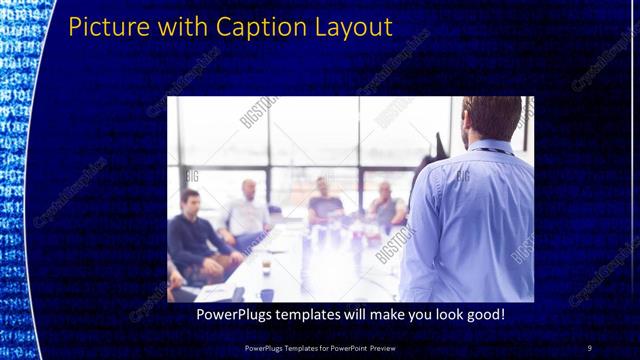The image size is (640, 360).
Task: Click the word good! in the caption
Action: pyautogui.click(x=484, y=315)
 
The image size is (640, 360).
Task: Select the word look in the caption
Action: pyautogui.click(x=441, y=315)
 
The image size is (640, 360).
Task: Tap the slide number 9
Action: pyautogui.click(x=589, y=347)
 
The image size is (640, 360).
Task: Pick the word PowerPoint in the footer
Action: pyautogui.click(x=343, y=347)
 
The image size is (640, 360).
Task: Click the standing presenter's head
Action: pyautogui.click(x=493, y=117)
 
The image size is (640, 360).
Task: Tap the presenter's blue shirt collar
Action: pyautogui.click(x=490, y=147)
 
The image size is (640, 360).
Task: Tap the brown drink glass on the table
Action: pyautogui.click(x=266, y=266)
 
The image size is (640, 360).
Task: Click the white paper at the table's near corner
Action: pyautogui.click(x=216, y=291)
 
